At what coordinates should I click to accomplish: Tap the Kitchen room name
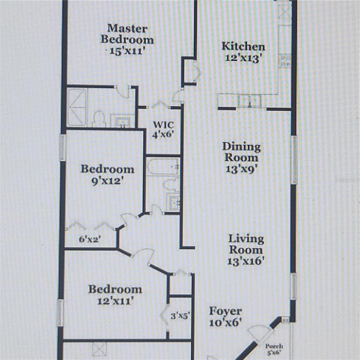pos(243,46)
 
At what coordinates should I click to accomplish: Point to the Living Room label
pos(246,244)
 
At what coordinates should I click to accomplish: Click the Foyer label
pos(225,311)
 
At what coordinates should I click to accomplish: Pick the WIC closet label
pos(163,124)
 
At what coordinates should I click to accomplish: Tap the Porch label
pos(274,346)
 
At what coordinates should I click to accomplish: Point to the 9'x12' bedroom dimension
pos(107,181)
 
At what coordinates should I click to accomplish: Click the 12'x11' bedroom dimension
pos(115,301)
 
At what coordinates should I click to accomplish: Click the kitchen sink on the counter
pos(249,101)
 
